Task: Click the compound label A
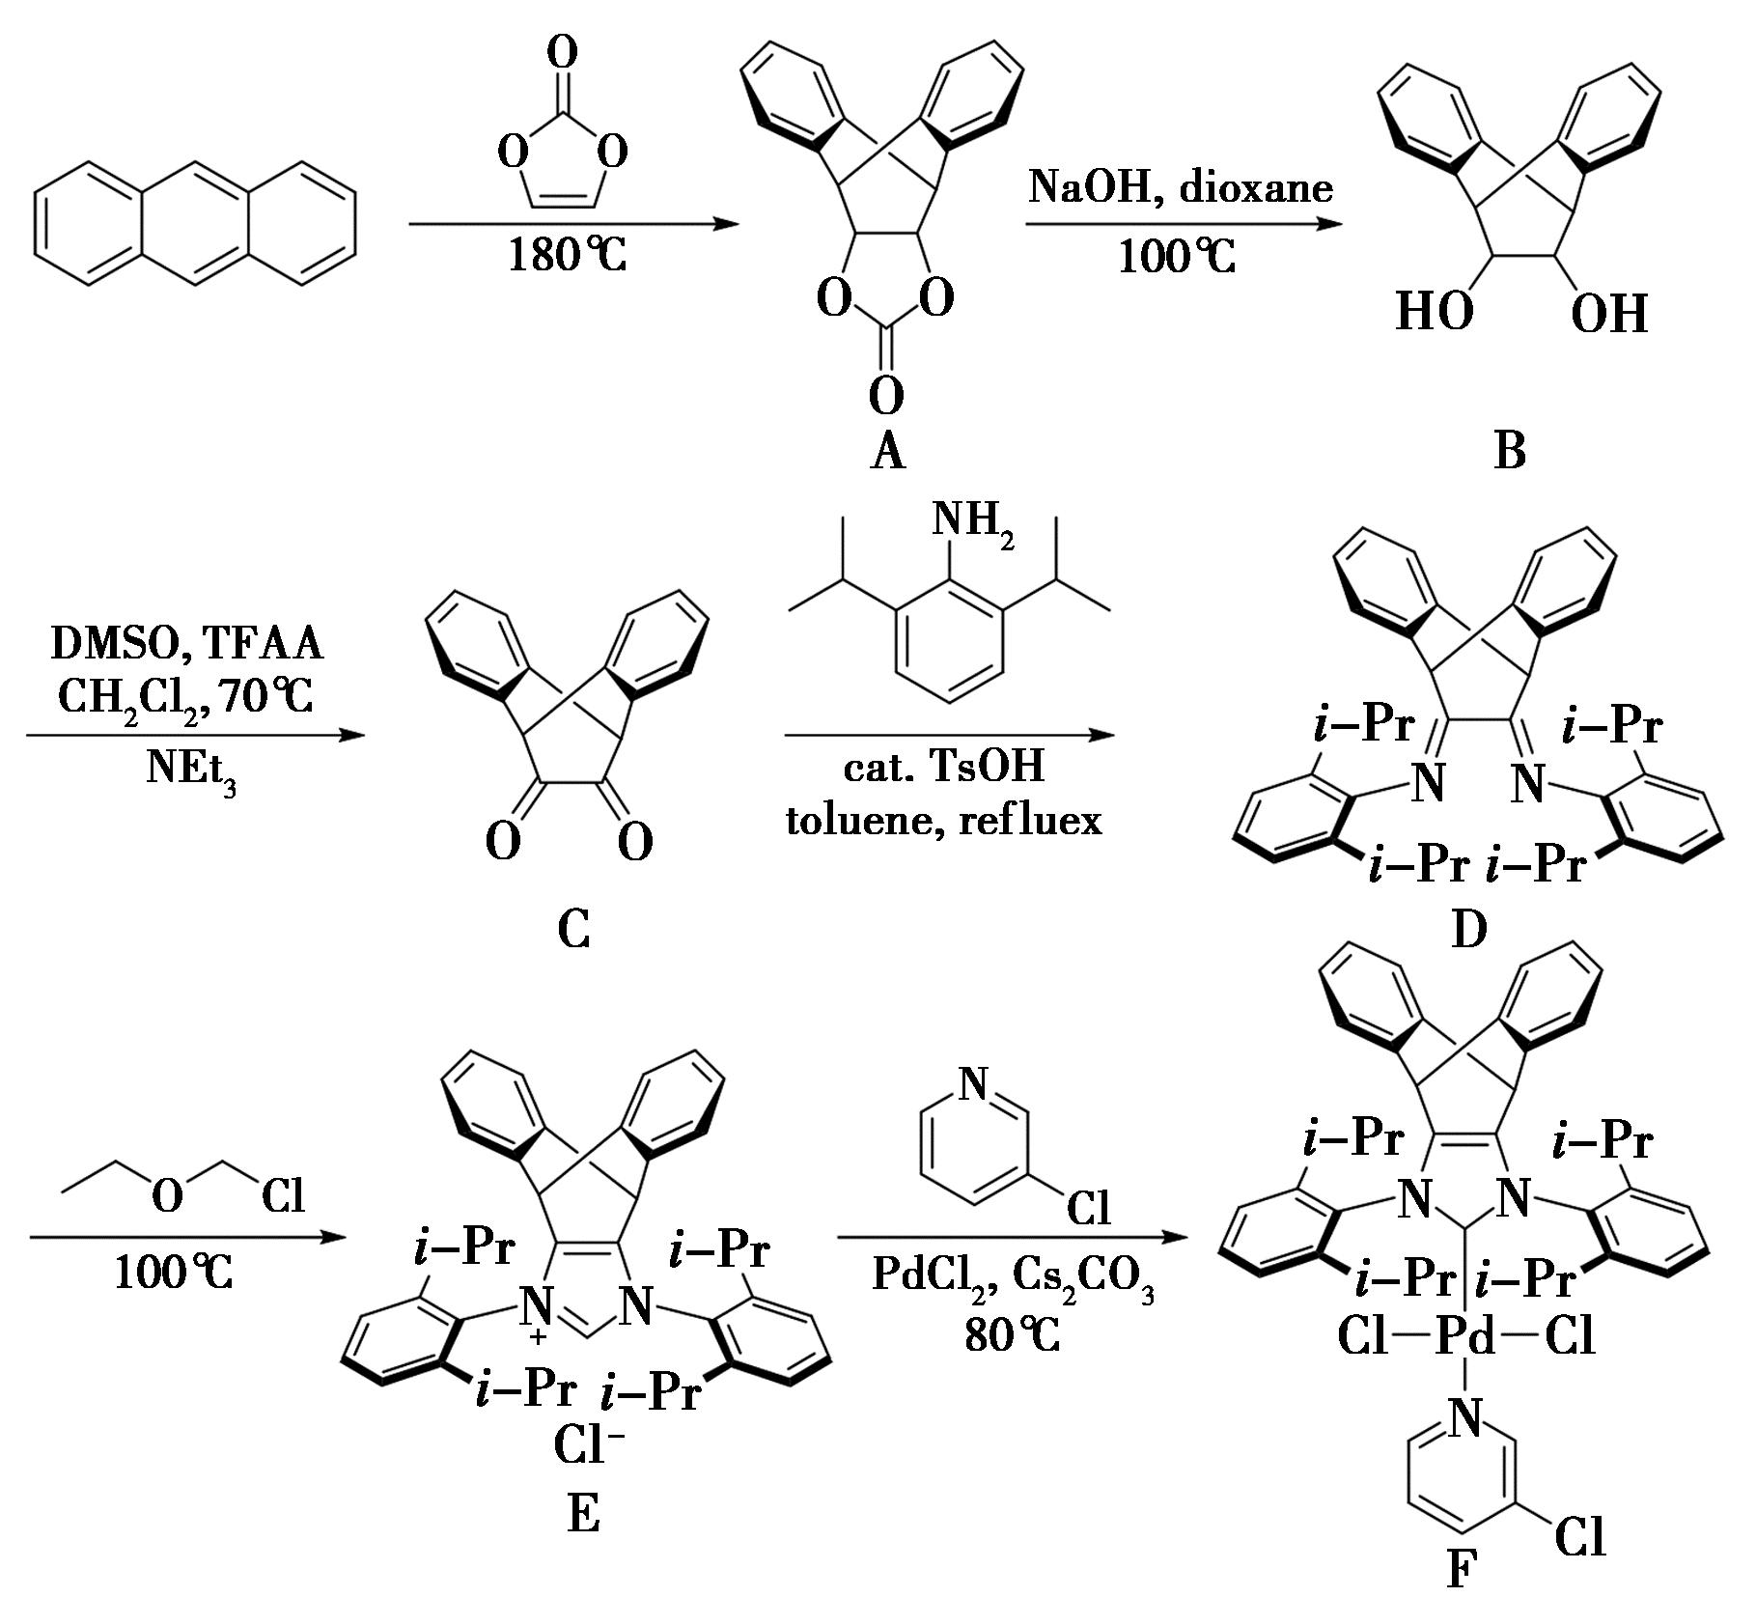[887, 451]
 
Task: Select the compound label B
[1510, 451]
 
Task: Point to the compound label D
[1468, 929]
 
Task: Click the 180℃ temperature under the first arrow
[568, 256]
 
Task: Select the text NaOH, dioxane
[1181, 186]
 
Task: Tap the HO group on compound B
[1435, 312]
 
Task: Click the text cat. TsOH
[944, 769]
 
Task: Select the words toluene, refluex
[944, 820]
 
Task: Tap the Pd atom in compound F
[1466, 1338]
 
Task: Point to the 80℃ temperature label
[1012, 1335]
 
